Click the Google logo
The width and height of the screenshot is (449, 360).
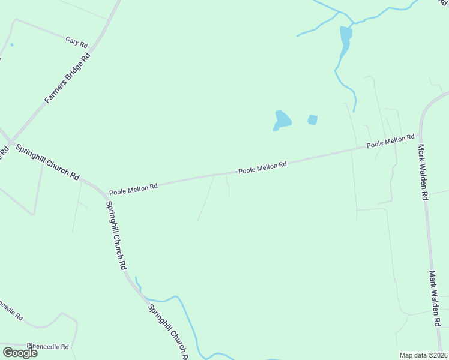click(x=20, y=353)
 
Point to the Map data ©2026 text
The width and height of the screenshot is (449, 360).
click(x=424, y=355)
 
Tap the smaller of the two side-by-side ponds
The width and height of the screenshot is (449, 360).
click(x=312, y=120)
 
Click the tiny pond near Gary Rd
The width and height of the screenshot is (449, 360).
click(x=12, y=45)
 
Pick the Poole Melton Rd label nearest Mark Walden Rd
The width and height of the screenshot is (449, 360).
click(x=391, y=142)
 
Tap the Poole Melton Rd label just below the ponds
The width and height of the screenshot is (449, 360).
click(x=262, y=167)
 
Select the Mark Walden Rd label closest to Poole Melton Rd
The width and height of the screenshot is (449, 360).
click(x=423, y=172)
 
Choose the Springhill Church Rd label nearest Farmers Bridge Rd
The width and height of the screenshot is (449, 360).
click(x=47, y=162)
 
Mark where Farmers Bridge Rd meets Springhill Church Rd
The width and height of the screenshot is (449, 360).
click(x=11, y=142)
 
